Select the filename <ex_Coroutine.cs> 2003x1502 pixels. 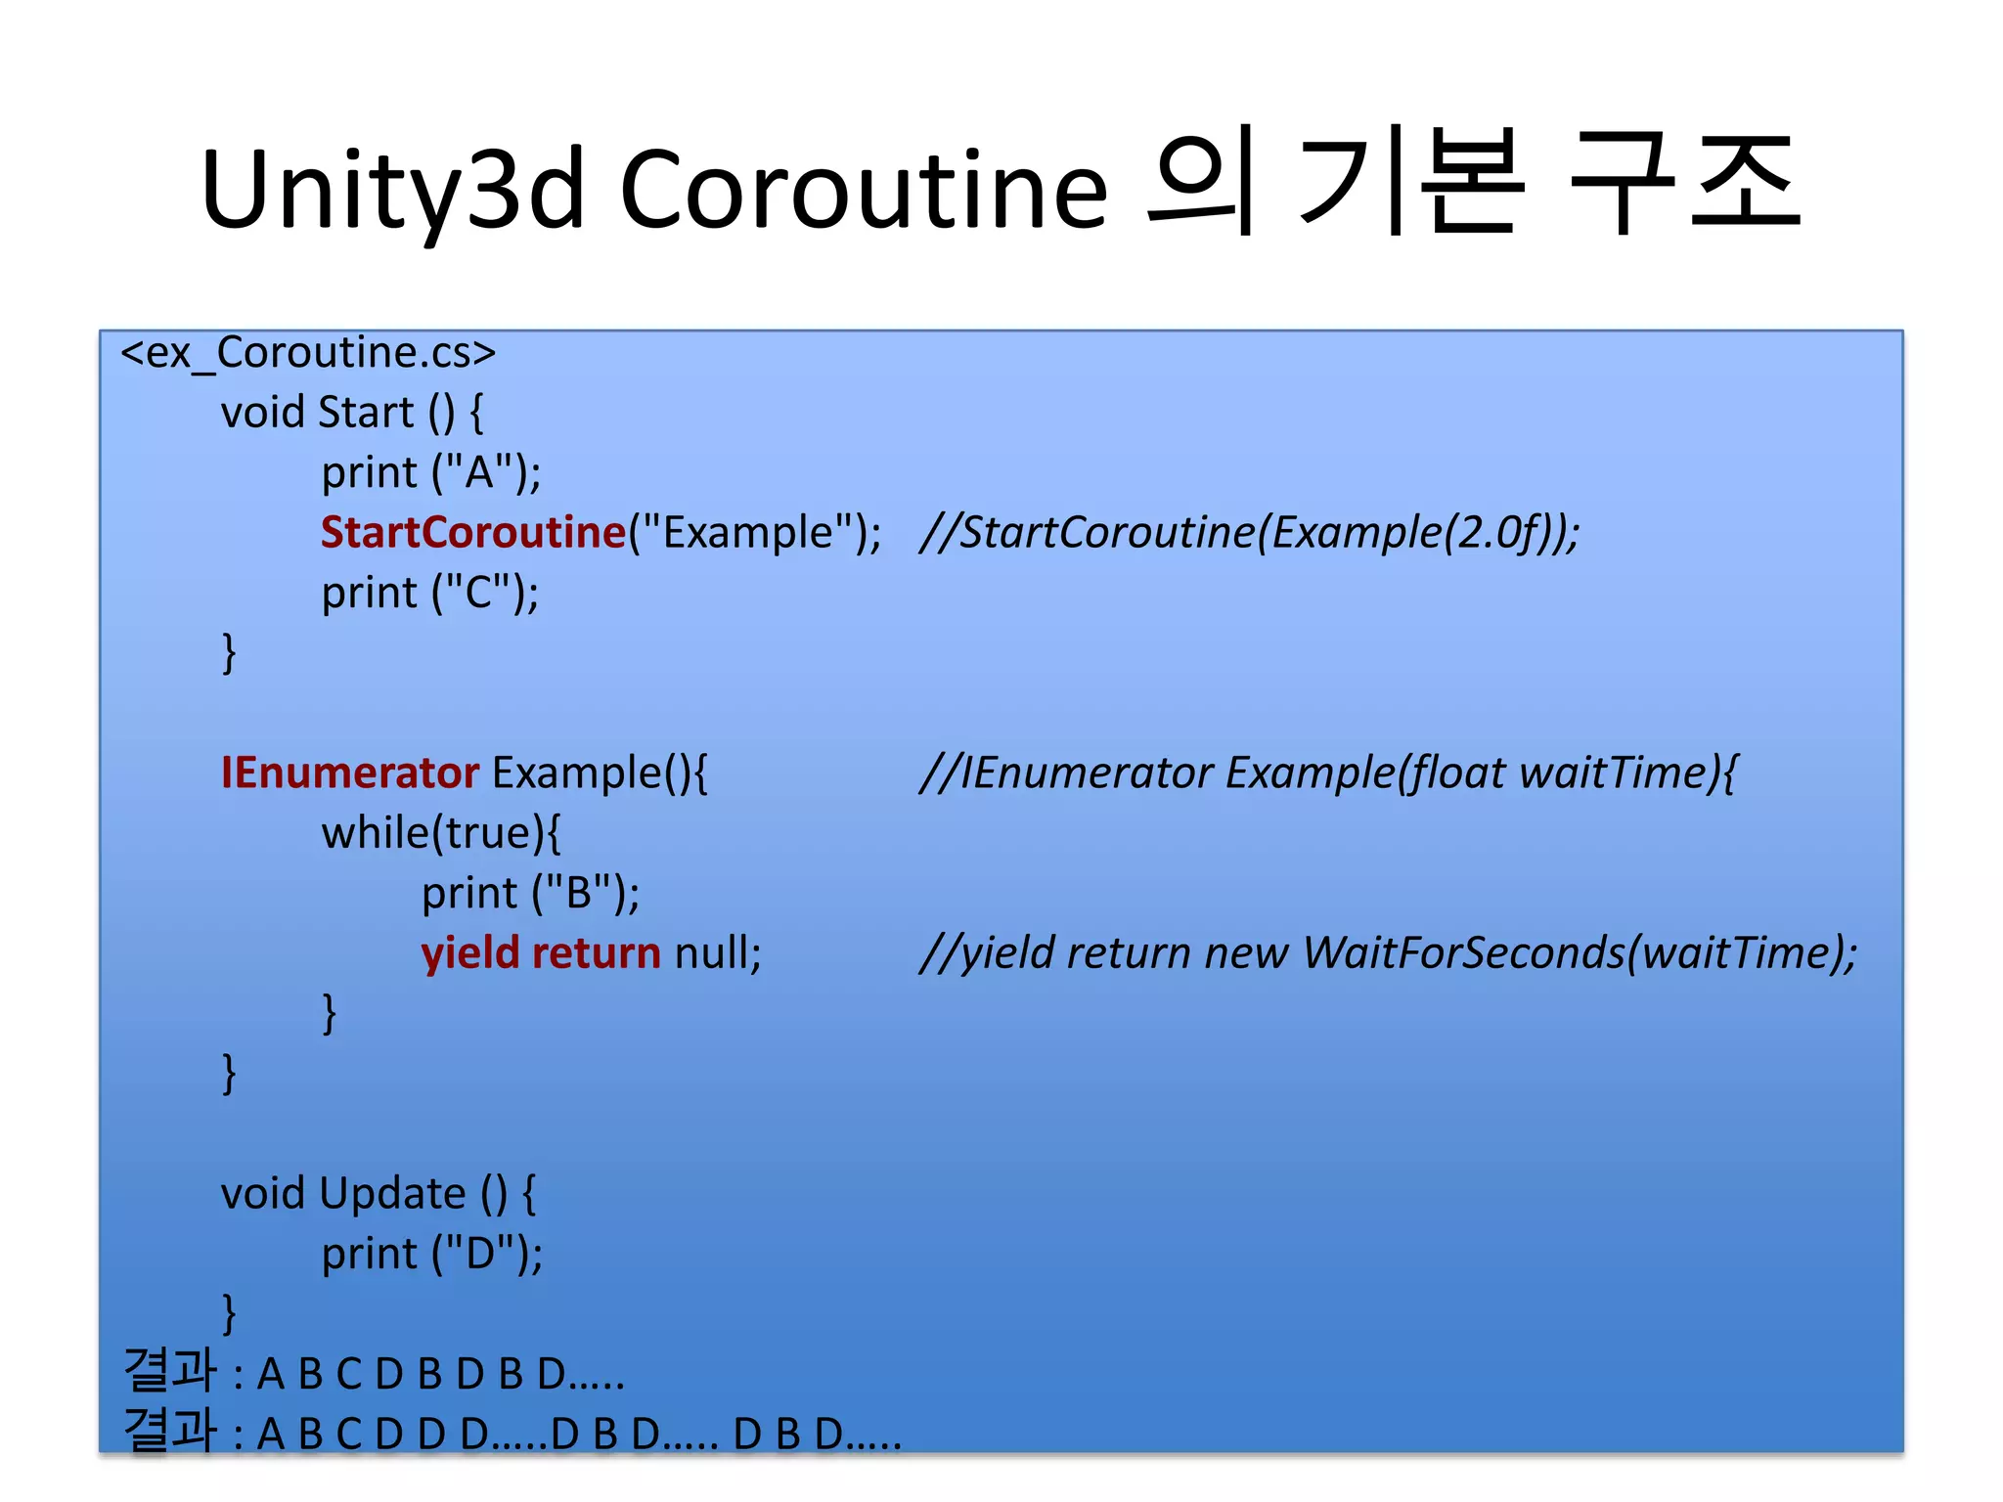[308, 353]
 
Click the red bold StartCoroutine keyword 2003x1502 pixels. [473, 533]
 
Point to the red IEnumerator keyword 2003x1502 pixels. [349, 773]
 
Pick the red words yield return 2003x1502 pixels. [541, 953]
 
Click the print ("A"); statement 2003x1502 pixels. [430, 473]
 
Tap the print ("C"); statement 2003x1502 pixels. [430, 594]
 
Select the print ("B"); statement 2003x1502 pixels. [530, 894]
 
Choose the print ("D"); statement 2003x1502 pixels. [431, 1254]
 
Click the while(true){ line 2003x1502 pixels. [441, 833]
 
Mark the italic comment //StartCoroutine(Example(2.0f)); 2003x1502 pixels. [1249, 533]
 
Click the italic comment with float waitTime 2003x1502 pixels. [1328, 773]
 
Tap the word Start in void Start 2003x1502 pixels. [366, 413]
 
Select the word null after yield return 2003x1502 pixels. [717, 953]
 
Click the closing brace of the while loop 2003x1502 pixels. [330, 1013]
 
